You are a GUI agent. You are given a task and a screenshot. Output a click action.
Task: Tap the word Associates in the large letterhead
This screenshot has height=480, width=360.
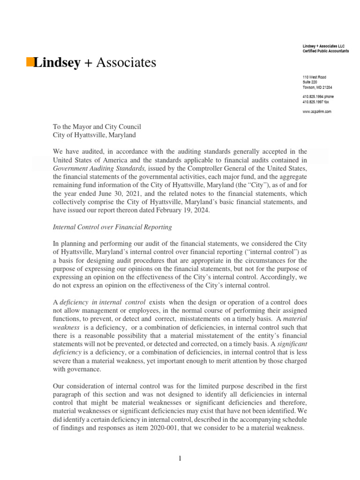coord(126,62)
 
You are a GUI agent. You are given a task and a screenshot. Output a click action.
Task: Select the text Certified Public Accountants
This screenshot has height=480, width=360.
coord(325,51)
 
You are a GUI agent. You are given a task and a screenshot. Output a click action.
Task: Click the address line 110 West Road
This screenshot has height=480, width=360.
coord(315,77)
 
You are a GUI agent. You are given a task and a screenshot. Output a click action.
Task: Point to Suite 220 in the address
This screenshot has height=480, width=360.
coord(310,82)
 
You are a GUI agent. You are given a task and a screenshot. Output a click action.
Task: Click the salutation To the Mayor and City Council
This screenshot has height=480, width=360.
coord(97,127)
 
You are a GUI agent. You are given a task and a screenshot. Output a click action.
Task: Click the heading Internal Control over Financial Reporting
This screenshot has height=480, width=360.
coord(112,227)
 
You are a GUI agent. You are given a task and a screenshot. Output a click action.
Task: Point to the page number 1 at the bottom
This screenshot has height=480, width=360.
coord(180,458)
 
